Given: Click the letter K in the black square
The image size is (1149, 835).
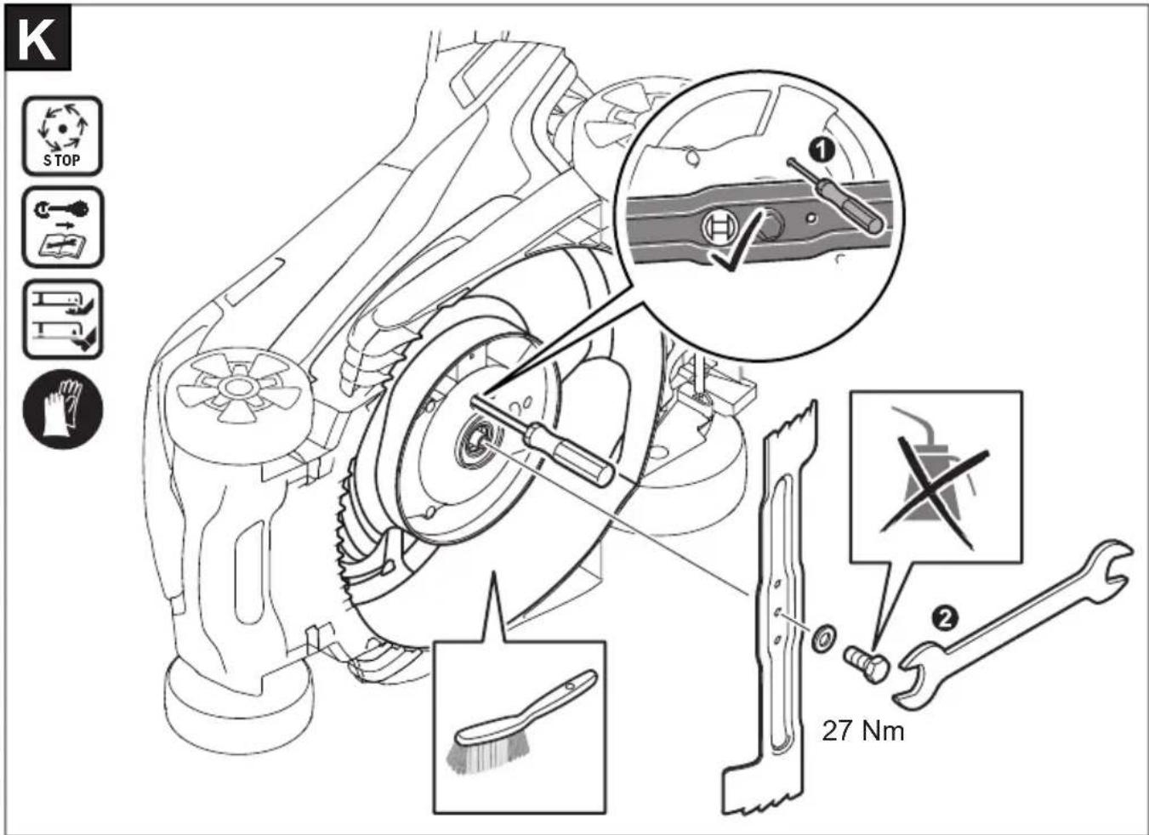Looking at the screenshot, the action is point(37,41).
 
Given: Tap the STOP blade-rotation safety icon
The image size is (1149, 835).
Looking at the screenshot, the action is point(62,136).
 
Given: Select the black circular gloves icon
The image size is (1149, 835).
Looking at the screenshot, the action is point(63,409).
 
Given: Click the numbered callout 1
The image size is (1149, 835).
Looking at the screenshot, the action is point(822,151).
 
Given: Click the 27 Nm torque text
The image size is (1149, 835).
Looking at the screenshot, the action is point(863,731).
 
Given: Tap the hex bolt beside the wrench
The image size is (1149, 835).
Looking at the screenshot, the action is point(866,662).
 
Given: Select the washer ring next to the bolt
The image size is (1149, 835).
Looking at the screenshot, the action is point(823,638).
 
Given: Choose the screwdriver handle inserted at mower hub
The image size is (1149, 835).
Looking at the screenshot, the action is point(569,454).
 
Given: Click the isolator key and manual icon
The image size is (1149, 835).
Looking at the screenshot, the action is point(63,227).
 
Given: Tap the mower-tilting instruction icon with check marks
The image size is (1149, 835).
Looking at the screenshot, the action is point(63,319).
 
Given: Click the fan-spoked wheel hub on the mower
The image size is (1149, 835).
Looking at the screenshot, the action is point(238,387).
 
